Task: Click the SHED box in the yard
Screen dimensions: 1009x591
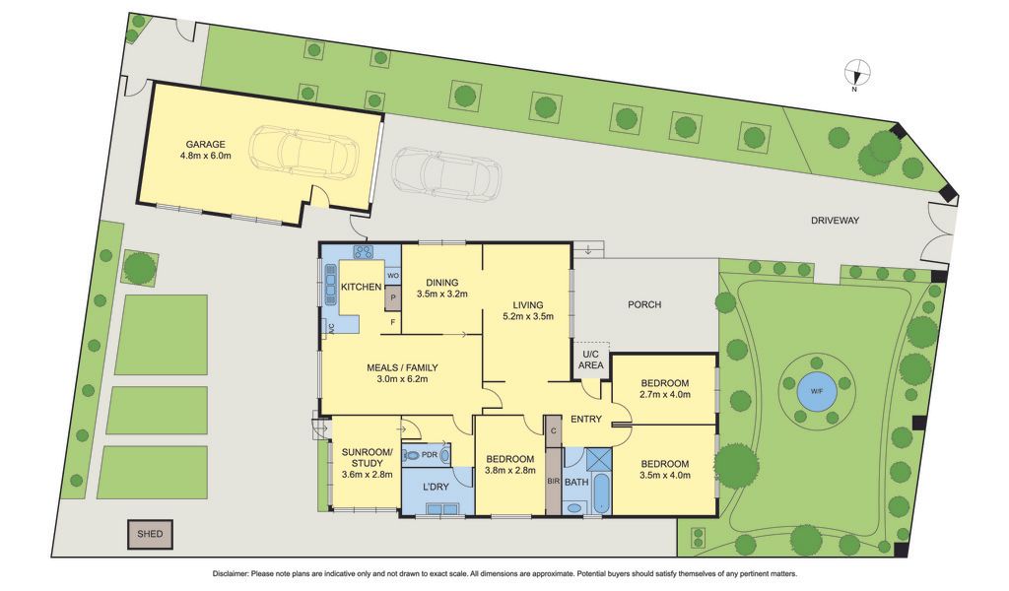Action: tap(150, 534)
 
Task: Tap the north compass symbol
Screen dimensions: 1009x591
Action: tap(856, 74)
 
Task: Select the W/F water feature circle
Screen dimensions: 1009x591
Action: tap(816, 390)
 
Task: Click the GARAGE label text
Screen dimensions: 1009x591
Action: tap(205, 144)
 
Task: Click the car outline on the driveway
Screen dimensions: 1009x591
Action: tap(446, 173)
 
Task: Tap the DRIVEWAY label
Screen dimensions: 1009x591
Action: tap(835, 220)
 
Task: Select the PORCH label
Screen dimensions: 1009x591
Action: tap(644, 304)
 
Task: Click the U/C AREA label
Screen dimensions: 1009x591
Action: tap(591, 359)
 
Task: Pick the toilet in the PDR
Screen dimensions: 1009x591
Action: tap(411, 455)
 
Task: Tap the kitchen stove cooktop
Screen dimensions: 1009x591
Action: tap(364, 251)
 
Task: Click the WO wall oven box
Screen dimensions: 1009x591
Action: tap(392, 276)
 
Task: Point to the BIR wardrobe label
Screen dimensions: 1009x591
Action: tap(553, 481)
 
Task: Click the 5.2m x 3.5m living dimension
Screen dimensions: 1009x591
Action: tap(528, 316)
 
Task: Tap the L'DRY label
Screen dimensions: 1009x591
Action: tap(436, 487)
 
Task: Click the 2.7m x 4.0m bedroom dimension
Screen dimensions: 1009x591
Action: tap(665, 394)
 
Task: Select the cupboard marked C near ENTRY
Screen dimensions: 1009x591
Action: tap(554, 430)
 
